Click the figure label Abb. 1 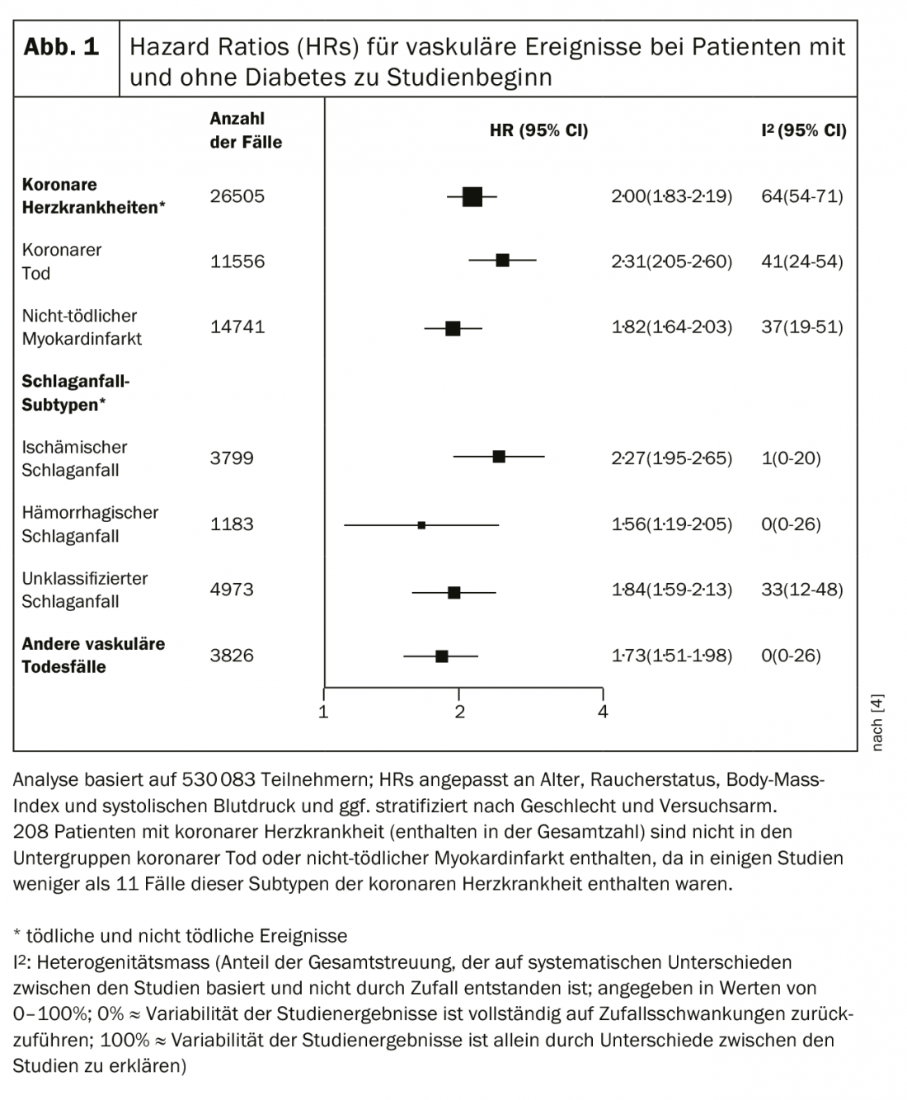(x=62, y=47)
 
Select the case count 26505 (x=237, y=196)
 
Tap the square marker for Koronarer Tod (x=502, y=261)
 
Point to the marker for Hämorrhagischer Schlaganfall (x=421, y=524)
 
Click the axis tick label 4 (x=603, y=712)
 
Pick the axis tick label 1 (x=324, y=712)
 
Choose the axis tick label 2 (x=459, y=712)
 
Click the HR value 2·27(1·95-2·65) (x=671, y=458)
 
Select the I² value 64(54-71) (x=801, y=196)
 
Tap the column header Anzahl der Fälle (x=245, y=130)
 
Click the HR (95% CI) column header (x=538, y=130)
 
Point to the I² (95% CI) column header (x=803, y=130)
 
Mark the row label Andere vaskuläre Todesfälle (x=93, y=656)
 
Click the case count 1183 (x=232, y=524)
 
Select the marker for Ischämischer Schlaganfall (x=499, y=456)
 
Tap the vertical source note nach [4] (x=877, y=722)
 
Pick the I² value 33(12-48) (x=801, y=590)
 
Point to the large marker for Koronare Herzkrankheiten (x=472, y=196)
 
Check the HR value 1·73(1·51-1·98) (x=671, y=656)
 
